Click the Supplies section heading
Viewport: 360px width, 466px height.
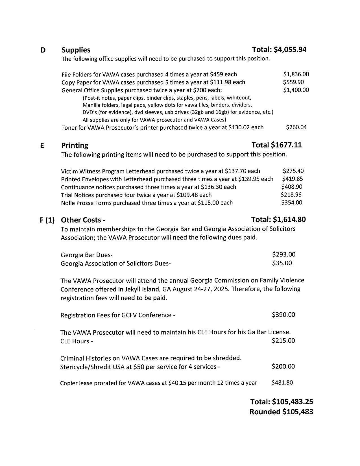(76, 50)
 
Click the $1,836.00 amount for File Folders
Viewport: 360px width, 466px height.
(296, 74)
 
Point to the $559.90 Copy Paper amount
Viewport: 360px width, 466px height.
(293, 82)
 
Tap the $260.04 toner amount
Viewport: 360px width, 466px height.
(296, 127)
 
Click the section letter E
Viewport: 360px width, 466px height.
(42, 145)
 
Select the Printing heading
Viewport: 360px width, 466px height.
(75, 145)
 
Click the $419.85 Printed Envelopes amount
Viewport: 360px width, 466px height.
(292, 179)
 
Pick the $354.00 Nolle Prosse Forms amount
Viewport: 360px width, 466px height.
(292, 202)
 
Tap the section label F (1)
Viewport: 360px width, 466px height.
(47, 220)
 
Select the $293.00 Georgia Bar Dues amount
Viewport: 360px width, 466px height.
(284, 254)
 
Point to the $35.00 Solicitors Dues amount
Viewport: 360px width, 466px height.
(282, 263)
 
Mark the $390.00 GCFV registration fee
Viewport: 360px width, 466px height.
(283, 315)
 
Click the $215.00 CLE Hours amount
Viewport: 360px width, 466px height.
(283, 341)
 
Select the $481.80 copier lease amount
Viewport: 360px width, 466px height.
(282, 383)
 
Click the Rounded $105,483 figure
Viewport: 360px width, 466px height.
(281, 412)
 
